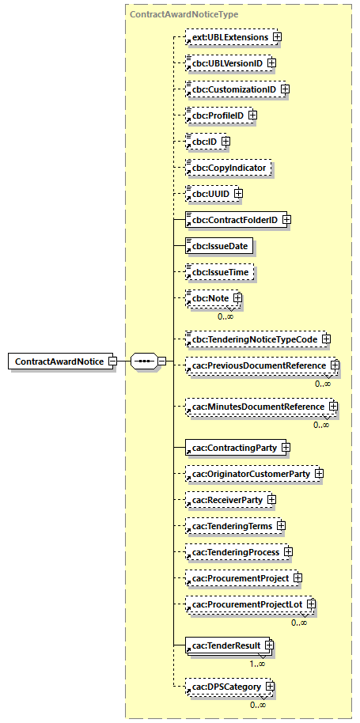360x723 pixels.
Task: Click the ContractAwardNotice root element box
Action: tap(59, 361)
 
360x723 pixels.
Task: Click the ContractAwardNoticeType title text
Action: tap(184, 14)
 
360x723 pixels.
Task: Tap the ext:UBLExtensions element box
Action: tap(227, 36)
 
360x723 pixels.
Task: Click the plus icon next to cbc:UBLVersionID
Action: tap(271, 62)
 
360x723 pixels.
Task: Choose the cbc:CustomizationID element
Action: tap(232, 89)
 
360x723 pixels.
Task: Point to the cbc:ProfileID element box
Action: tap(215, 115)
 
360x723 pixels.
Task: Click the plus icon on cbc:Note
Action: tap(236, 298)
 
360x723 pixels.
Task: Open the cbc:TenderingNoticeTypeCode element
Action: tap(252, 339)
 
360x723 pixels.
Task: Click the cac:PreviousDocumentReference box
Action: tap(257, 365)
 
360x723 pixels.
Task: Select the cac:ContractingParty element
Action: tap(233, 448)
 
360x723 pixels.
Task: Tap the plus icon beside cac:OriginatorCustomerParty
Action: tap(319, 474)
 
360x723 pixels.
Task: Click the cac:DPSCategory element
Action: tap(224, 687)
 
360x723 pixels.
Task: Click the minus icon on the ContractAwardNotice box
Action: tap(112, 361)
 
